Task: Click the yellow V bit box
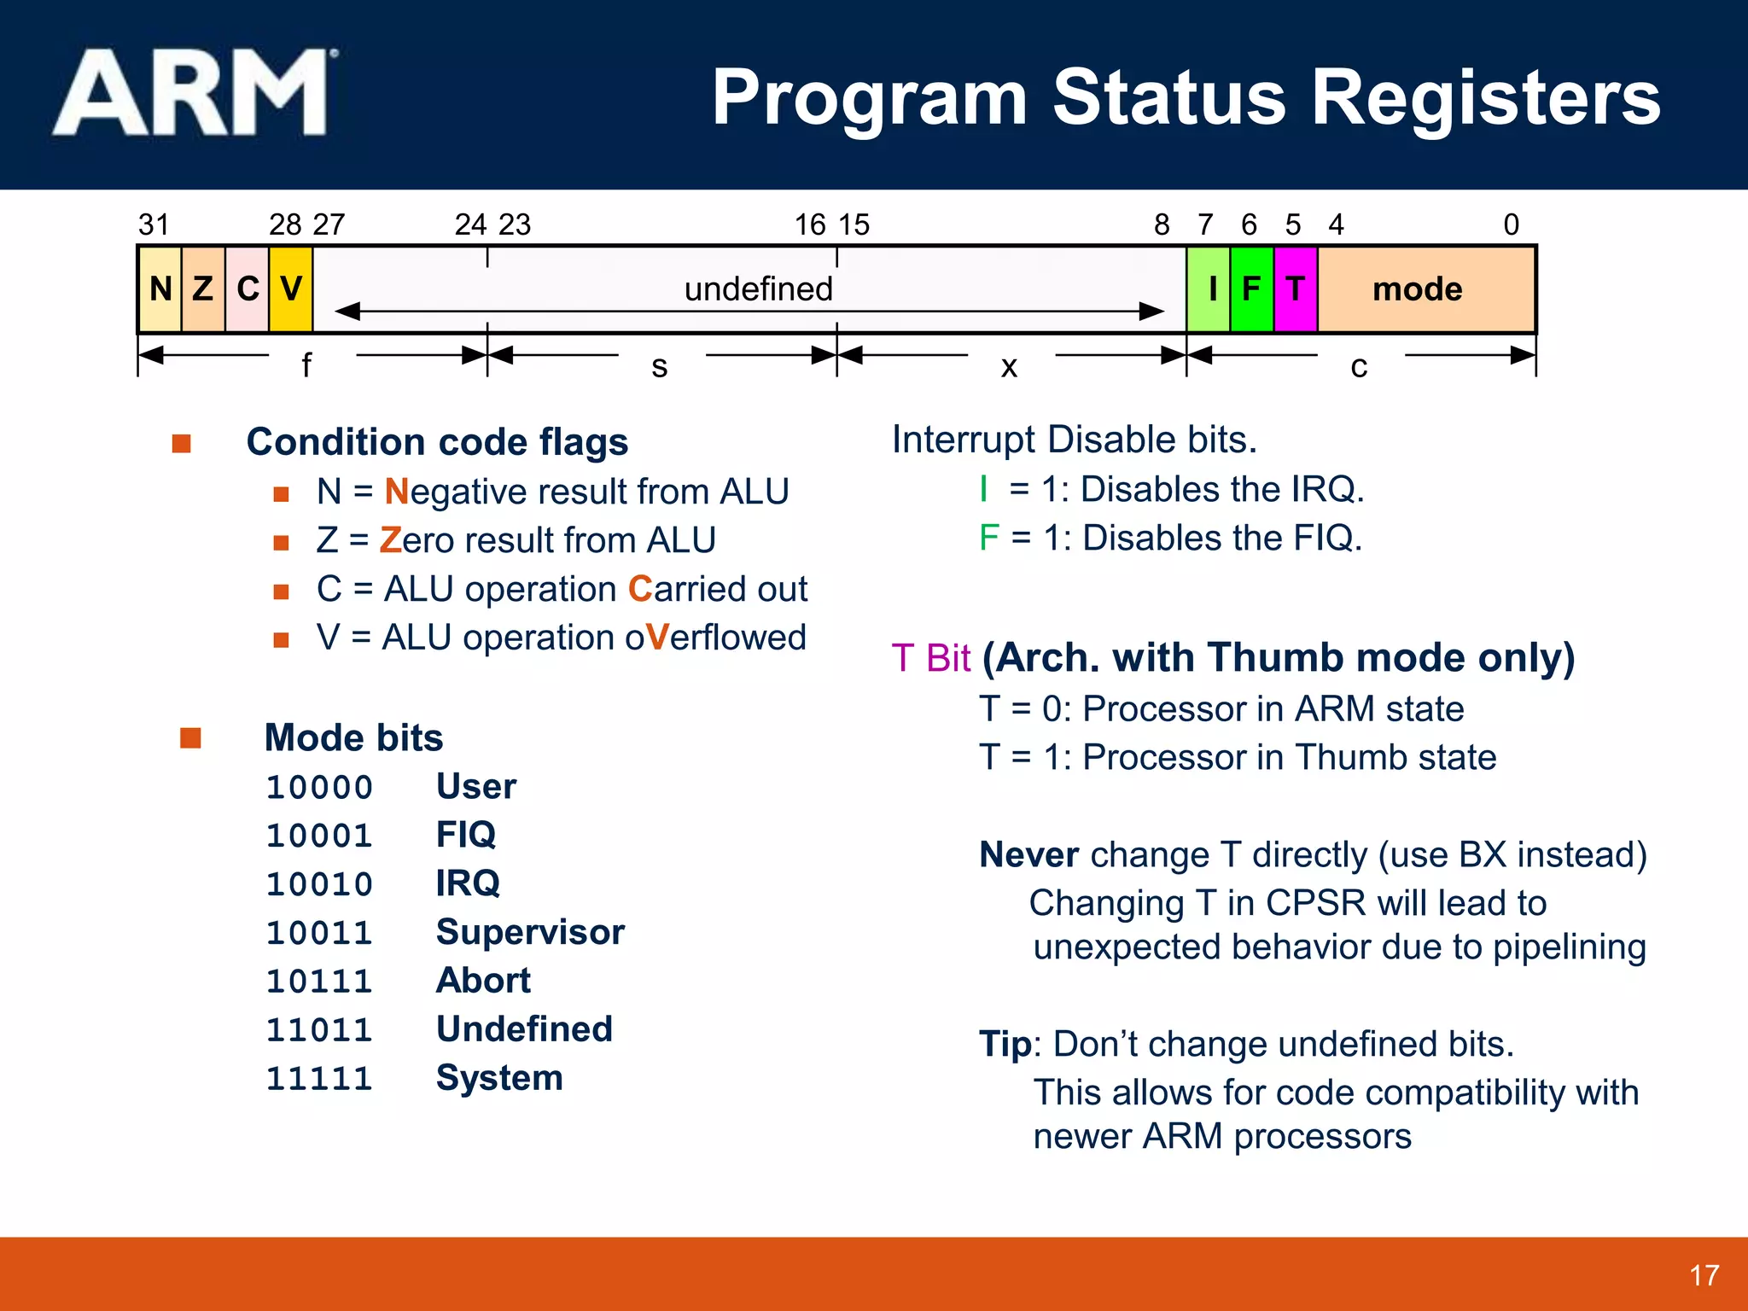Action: click(x=291, y=289)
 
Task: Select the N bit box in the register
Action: click(x=160, y=289)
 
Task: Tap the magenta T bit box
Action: click(x=1296, y=289)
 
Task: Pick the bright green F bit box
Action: click(x=1251, y=289)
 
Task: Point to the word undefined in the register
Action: click(x=758, y=288)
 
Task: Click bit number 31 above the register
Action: click(x=154, y=224)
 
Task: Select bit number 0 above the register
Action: click(x=1511, y=224)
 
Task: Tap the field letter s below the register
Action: click(x=660, y=366)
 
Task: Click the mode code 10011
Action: click(x=319, y=933)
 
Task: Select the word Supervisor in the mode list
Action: click(x=530, y=932)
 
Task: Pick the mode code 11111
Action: click(x=319, y=1079)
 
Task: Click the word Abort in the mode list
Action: click(x=483, y=981)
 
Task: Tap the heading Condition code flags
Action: click(x=437, y=442)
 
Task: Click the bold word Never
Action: click(x=1028, y=854)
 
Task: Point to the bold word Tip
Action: click(x=1005, y=1044)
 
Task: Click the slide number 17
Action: click(x=1704, y=1275)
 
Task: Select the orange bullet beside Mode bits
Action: click(x=190, y=737)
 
